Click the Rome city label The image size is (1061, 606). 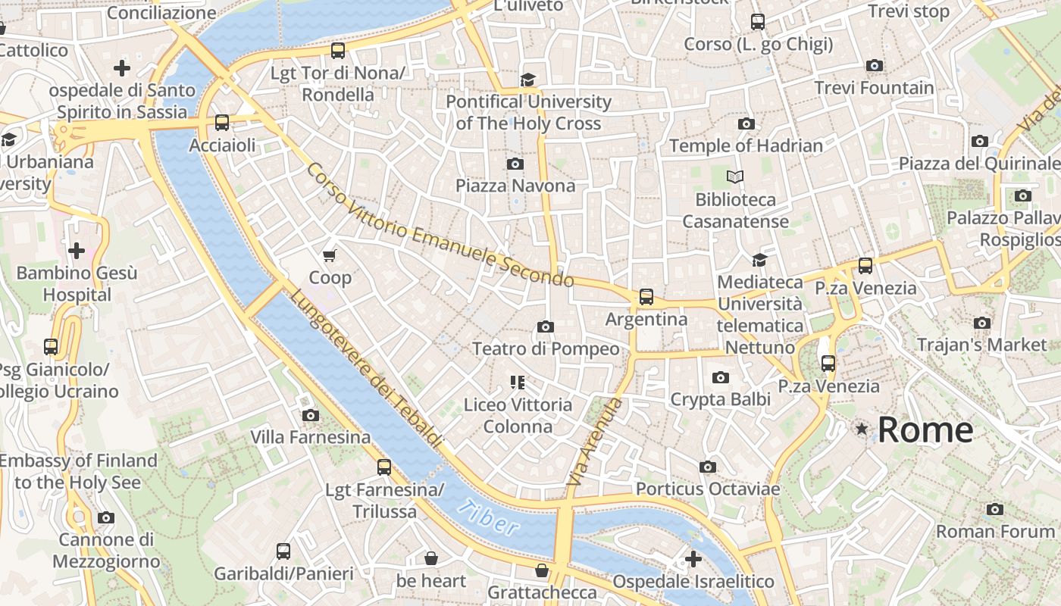(925, 430)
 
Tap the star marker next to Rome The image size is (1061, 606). (862, 430)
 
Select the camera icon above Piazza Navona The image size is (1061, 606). (515, 164)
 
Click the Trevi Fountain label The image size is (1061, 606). (874, 88)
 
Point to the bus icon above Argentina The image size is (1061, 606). (646, 297)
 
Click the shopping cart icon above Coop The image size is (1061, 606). (330, 256)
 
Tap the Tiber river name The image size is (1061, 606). (489, 518)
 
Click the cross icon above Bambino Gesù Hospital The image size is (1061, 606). (77, 250)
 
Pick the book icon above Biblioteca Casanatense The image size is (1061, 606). (735, 177)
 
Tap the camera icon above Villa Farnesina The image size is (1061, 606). (310, 415)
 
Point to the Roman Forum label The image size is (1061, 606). (995, 531)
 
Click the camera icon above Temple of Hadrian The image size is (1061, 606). (746, 123)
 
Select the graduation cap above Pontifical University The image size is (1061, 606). (527, 80)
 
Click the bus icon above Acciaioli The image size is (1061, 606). (222, 123)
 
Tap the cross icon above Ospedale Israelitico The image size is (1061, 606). (693, 559)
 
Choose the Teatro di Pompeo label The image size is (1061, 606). (545, 348)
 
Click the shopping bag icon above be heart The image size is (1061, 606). (431, 559)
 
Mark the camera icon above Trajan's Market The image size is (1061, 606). (982, 323)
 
